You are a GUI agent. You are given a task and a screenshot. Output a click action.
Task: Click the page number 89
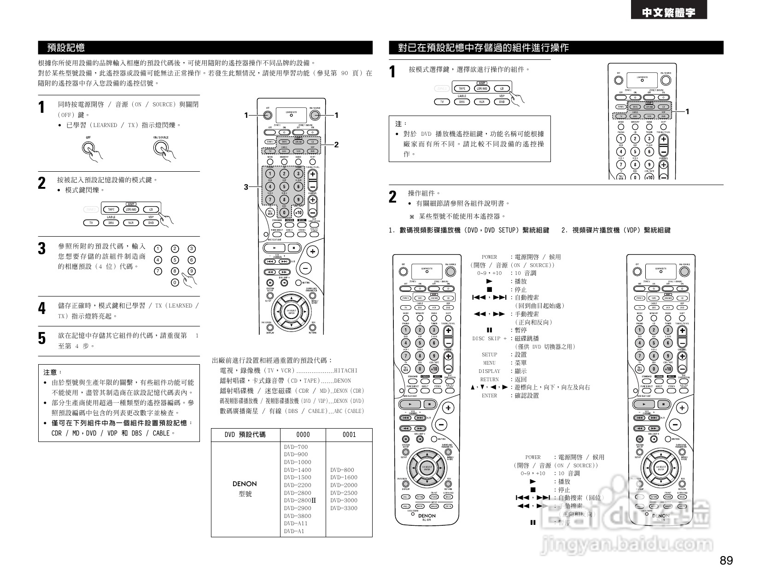pyautogui.click(x=726, y=561)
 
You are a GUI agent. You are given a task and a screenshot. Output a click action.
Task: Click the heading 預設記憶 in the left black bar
pyautogui.click(x=66, y=47)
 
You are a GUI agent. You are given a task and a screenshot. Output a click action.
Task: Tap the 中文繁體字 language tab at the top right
pyautogui.click(x=669, y=13)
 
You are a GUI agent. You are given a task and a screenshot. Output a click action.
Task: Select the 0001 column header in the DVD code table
pyautogui.click(x=349, y=435)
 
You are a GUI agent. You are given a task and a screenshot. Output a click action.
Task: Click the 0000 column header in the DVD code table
pyautogui.click(x=303, y=435)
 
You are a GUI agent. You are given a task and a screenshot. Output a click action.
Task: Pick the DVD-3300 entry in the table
pyautogui.click(x=344, y=508)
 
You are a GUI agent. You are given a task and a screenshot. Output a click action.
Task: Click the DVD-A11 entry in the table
pyautogui.click(x=296, y=523)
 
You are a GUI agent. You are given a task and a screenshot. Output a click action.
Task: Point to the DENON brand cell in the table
pyautogui.click(x=245, y=484)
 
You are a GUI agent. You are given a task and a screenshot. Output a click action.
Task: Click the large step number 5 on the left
pyautogui.click(x=42, y=338)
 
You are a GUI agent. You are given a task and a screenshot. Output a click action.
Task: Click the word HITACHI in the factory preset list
pyautogui.click(x=345, y=371)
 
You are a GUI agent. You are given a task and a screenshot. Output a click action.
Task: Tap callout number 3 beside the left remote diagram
pyautogui.click(x=246, y=187)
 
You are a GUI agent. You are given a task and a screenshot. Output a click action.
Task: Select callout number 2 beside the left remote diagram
pyautogui.click(x=336, y=145)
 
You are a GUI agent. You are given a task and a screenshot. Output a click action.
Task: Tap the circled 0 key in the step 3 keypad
pyautogui.click(x=175, y=282)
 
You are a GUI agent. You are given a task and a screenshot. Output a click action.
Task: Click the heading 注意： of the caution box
pyautogui.click(x=53, y=372)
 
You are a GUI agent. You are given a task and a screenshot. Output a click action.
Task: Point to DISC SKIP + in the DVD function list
pyautogui.click(x=489, y=338)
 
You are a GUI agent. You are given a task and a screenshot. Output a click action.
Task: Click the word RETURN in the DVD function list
pyautogui.click(x=489, y=379)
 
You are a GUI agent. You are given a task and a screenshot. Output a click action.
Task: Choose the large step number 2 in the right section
pyautogui.click(x=392, y=197)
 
